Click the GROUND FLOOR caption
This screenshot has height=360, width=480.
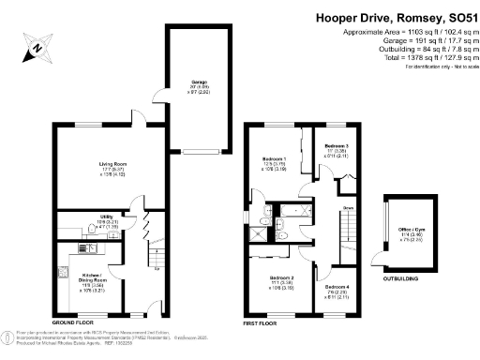pos(74,322)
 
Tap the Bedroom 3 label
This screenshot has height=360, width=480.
pos(337,147)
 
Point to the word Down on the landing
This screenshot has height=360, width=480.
pos(347,208)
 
